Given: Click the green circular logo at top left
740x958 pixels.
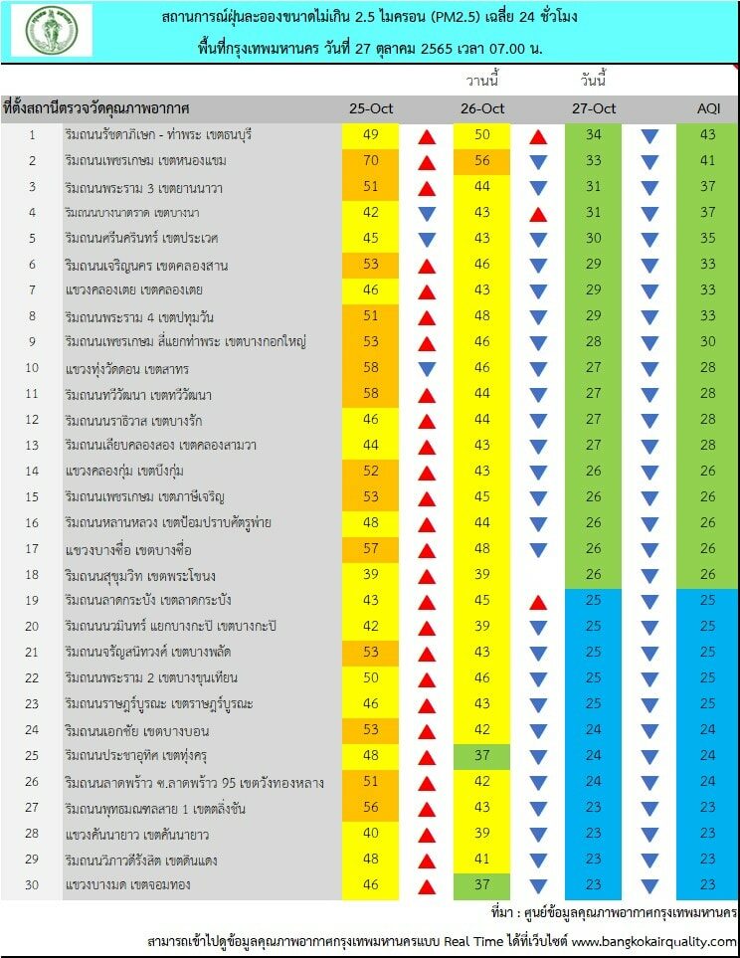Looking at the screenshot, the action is click(x=52, y=30).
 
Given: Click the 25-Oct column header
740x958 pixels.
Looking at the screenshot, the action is click(x=371, y=108).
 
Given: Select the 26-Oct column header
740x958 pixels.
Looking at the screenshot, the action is click(x=482, y=108).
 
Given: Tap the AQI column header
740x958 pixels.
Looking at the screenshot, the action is click(x=708, y=108).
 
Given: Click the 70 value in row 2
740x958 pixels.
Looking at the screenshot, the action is click(x=370, y=161).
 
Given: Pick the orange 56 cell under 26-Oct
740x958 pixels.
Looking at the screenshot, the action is click(x=481, y=162).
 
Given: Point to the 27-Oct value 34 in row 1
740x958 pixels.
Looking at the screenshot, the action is click(x=594, y=134).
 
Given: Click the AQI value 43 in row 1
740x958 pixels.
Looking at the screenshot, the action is click(x=707, y=134).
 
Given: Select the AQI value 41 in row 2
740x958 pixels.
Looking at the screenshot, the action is click(x=707, y=161).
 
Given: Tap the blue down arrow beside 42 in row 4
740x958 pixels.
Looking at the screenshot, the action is click(x=427, y=213).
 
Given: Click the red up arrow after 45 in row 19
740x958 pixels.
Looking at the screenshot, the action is click(x=538, y=603).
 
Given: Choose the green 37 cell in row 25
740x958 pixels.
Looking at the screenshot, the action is click(x=481, y=756).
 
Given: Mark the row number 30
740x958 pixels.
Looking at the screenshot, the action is click(x=32, y=884).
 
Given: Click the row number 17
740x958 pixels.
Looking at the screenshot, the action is click(x=32, y=549).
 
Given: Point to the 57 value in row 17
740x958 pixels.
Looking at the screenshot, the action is click(x=370, y=549).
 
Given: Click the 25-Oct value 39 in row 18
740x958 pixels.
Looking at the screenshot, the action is click(x=370, y=574).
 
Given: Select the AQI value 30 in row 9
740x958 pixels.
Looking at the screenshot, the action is click(x=707, y=341).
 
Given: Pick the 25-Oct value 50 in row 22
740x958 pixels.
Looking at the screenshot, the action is click(x=370, y=678).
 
